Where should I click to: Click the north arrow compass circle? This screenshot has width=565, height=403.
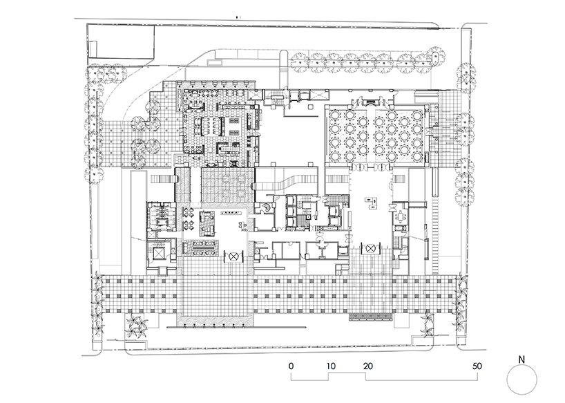[522, 379]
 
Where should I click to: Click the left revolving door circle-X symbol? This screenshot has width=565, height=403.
[234, 255]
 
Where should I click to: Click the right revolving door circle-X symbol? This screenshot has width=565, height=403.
[372, 247]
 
